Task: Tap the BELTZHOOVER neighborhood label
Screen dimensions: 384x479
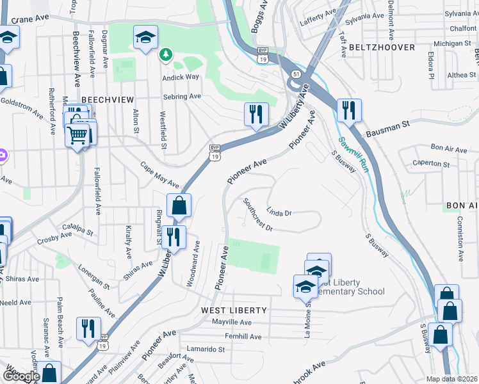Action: [x=382, y=47]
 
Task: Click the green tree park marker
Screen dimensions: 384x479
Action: [x=166, y=54]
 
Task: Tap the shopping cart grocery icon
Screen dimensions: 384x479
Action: [x=77, y=134]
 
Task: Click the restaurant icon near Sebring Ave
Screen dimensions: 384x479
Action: [x=255, y=115]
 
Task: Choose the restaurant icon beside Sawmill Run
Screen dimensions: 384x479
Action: [x=348, y=110]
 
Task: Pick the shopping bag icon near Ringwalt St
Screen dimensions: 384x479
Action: [x=179, y=205]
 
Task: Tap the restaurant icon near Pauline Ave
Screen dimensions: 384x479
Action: [x=88, y=328]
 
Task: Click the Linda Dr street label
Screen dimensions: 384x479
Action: [x=279, y=212]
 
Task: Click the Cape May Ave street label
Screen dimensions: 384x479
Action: [x=160, y=175]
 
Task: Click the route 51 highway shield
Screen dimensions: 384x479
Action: [x=295, y=74]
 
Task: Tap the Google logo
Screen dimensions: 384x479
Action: [x=20, y=376]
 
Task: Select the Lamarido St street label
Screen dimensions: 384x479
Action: [x=205, y=349]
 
